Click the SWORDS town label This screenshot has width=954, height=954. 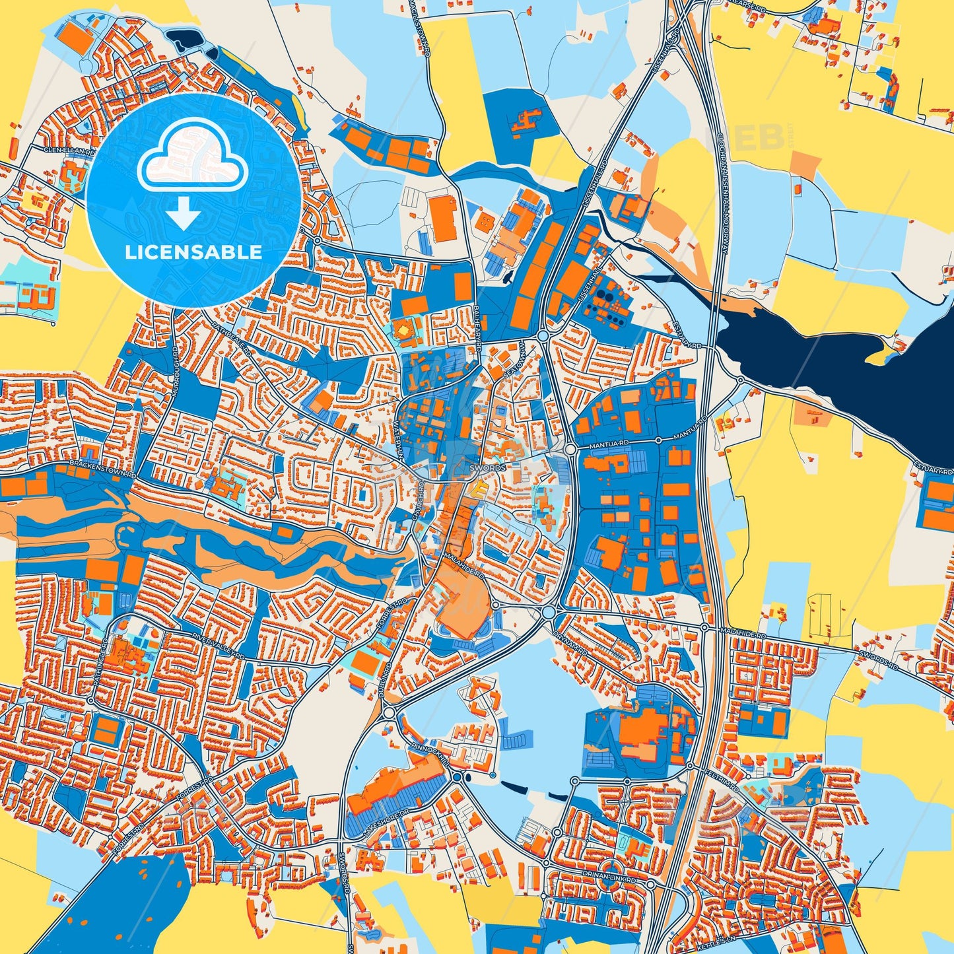coord(488,467)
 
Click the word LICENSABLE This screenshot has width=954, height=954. coord(193,252)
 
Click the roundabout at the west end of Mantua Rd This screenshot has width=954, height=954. coord(570,449)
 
